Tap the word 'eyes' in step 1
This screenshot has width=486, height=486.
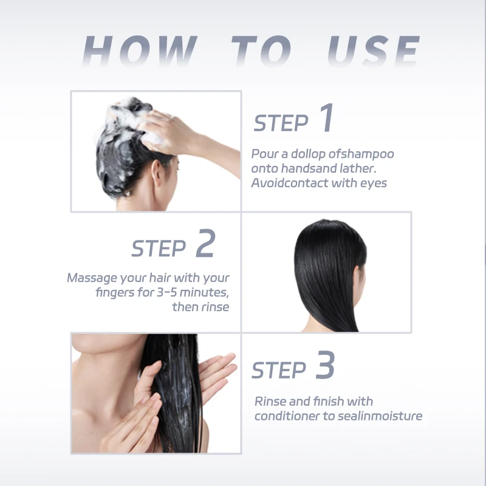pos(374,182)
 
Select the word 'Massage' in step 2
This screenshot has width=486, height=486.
pos(92,278)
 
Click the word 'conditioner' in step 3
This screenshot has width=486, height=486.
pos(287,416)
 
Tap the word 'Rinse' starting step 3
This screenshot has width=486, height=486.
pos(270,402)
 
